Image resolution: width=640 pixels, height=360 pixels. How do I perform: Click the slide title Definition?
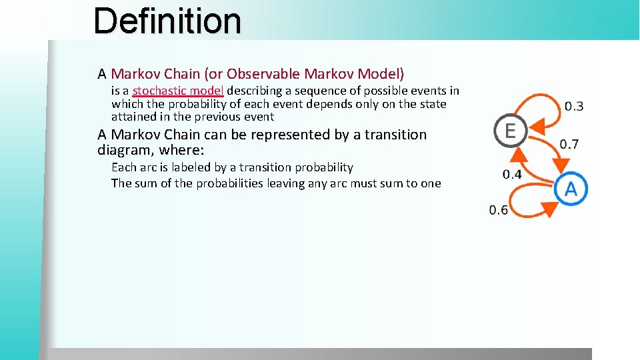pos(167,21)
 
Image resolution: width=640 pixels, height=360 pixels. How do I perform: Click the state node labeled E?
pos(510,131)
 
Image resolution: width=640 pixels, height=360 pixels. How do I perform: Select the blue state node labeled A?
pos(571,189)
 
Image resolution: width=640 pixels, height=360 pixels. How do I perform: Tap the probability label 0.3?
pos(573,106)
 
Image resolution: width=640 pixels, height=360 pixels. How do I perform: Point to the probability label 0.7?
pos(569,144)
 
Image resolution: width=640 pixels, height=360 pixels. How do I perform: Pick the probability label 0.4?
pos(512,174)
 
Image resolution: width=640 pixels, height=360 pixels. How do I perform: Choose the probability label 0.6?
pos(498,210)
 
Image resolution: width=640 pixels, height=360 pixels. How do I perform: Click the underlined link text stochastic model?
pos(177,91)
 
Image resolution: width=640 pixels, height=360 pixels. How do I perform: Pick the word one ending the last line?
pos(431,183)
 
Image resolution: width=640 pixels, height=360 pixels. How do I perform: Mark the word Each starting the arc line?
pos(123,167)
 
